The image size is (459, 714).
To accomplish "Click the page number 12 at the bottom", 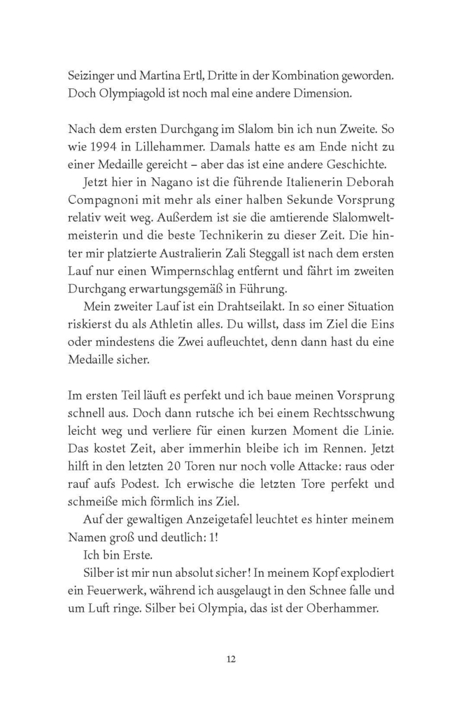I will (230, 659).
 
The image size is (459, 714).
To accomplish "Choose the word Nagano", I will (157, 183).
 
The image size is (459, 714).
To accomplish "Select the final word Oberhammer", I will (342, 610).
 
